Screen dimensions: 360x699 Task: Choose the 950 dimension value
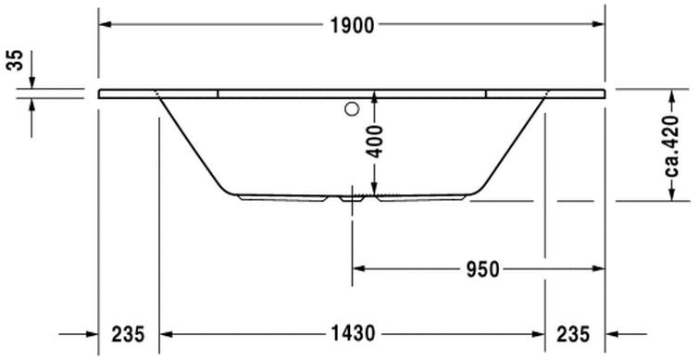tap(481, 269)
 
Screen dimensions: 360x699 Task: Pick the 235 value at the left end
tap(128, 334)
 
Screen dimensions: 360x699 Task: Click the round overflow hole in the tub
tap(351, 111)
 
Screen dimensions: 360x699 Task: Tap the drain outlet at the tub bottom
tap(353, 197)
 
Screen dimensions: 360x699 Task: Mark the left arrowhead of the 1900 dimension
tap(105, 26)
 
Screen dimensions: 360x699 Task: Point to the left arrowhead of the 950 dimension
tap(359, 269)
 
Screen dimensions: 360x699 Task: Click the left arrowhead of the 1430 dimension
tap(168, 334)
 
